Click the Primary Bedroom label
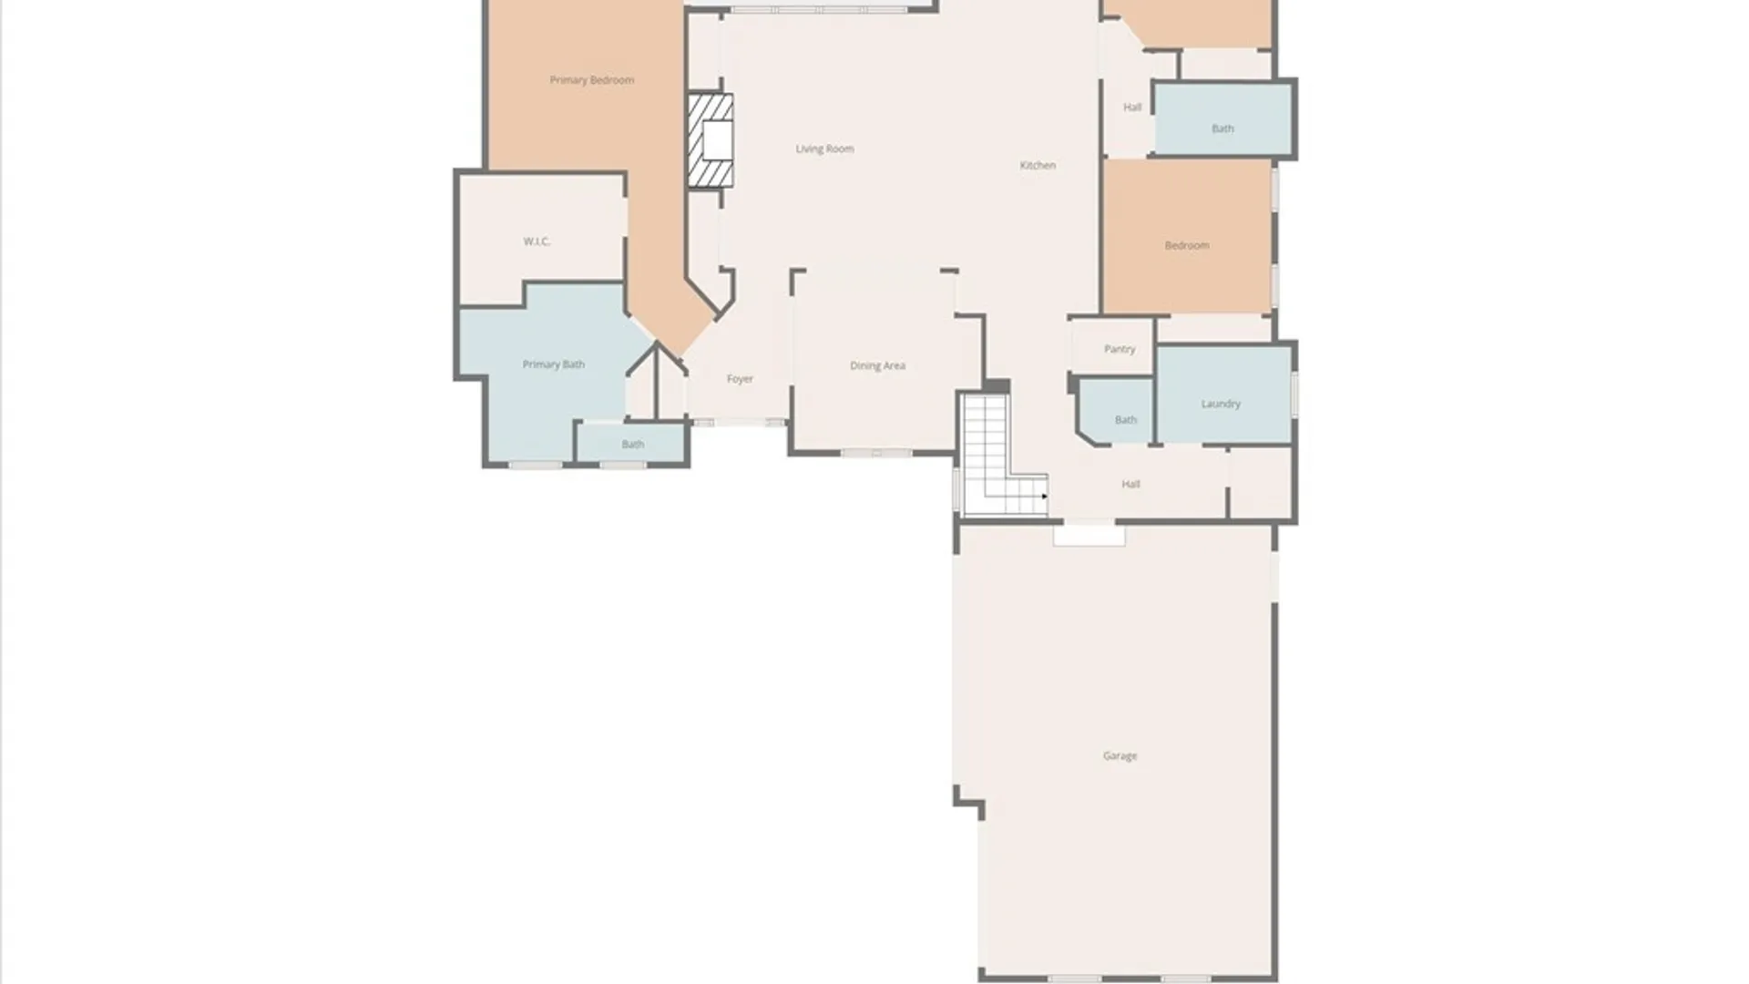coord(591,80)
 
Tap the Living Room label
coord(824,149)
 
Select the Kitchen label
coord(1038,165)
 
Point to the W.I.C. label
coord(537,241)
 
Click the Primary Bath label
coord(553,364)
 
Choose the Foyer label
coord(740,379)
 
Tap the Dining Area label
coord(877,365)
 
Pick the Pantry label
coord(1120,349)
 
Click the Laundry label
coord(1221,404)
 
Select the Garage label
coord(1120,755)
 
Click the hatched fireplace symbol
coord(710,140)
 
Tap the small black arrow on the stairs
coord(1044,497)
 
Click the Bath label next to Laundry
coord(1126,420)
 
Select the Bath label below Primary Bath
coord(633,445)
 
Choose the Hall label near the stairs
coord(1130,484)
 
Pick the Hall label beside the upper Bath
coord(1132,107)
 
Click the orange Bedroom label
coord(1187,245)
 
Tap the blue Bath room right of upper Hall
coord(1222,118)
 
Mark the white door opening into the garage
coord(1089,535)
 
